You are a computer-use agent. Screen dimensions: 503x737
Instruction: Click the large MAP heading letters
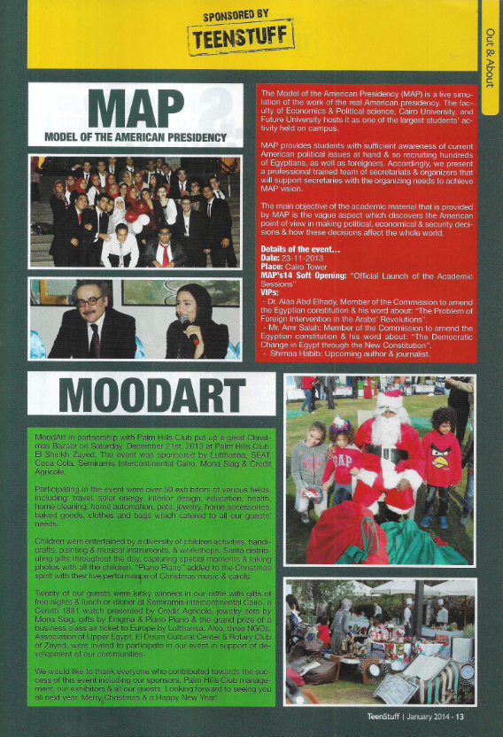point(135,109)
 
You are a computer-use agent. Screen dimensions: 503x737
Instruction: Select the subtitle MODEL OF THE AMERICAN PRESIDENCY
point(135,137)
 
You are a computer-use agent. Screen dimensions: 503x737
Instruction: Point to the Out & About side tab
point(491,53)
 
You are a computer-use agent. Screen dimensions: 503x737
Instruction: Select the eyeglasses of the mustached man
point(88,302)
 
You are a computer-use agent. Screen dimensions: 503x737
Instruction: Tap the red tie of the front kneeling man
point(162,252)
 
